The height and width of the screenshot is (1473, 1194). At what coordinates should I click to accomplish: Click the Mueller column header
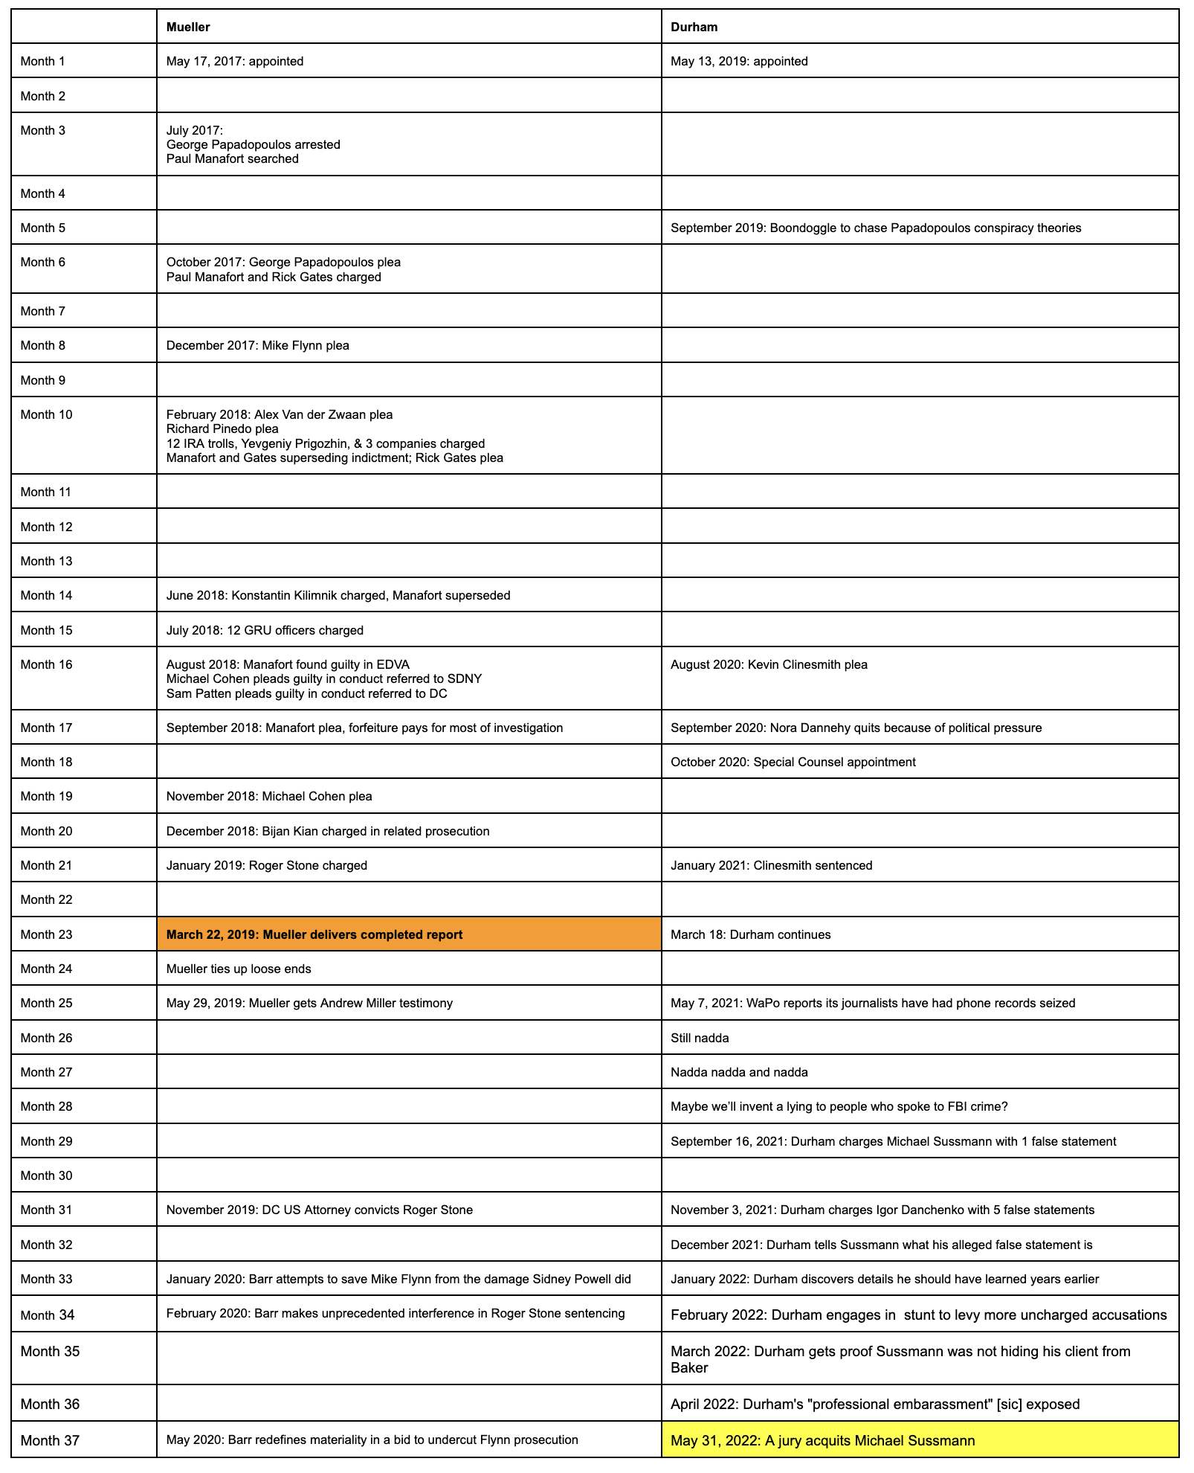click(188, 27)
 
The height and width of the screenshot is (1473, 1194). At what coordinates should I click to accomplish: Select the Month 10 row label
click(46, 415)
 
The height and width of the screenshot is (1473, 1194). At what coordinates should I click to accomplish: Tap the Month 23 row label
click(46, 934)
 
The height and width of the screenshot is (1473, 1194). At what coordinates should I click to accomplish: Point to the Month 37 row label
click(50, 1440)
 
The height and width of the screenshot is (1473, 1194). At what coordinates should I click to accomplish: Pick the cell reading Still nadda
click(700, 1038)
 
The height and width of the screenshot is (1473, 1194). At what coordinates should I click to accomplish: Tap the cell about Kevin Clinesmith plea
click(769, 664)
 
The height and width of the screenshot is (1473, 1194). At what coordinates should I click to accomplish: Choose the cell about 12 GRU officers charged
click(265, 630)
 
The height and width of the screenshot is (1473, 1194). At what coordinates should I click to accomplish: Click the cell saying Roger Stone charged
click(267, 865)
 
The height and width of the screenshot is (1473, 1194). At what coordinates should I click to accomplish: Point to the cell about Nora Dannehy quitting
click(856, 728)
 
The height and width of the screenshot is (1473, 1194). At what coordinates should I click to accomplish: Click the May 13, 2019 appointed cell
click(739, 61)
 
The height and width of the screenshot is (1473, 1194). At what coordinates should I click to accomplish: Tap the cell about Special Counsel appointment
click(793, 762)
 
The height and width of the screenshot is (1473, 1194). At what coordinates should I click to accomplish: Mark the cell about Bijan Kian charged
click(328, 831)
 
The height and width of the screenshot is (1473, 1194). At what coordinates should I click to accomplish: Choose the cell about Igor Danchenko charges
click(882, 1210)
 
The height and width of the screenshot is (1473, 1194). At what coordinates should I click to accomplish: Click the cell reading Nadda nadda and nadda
click(739, 1072)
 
